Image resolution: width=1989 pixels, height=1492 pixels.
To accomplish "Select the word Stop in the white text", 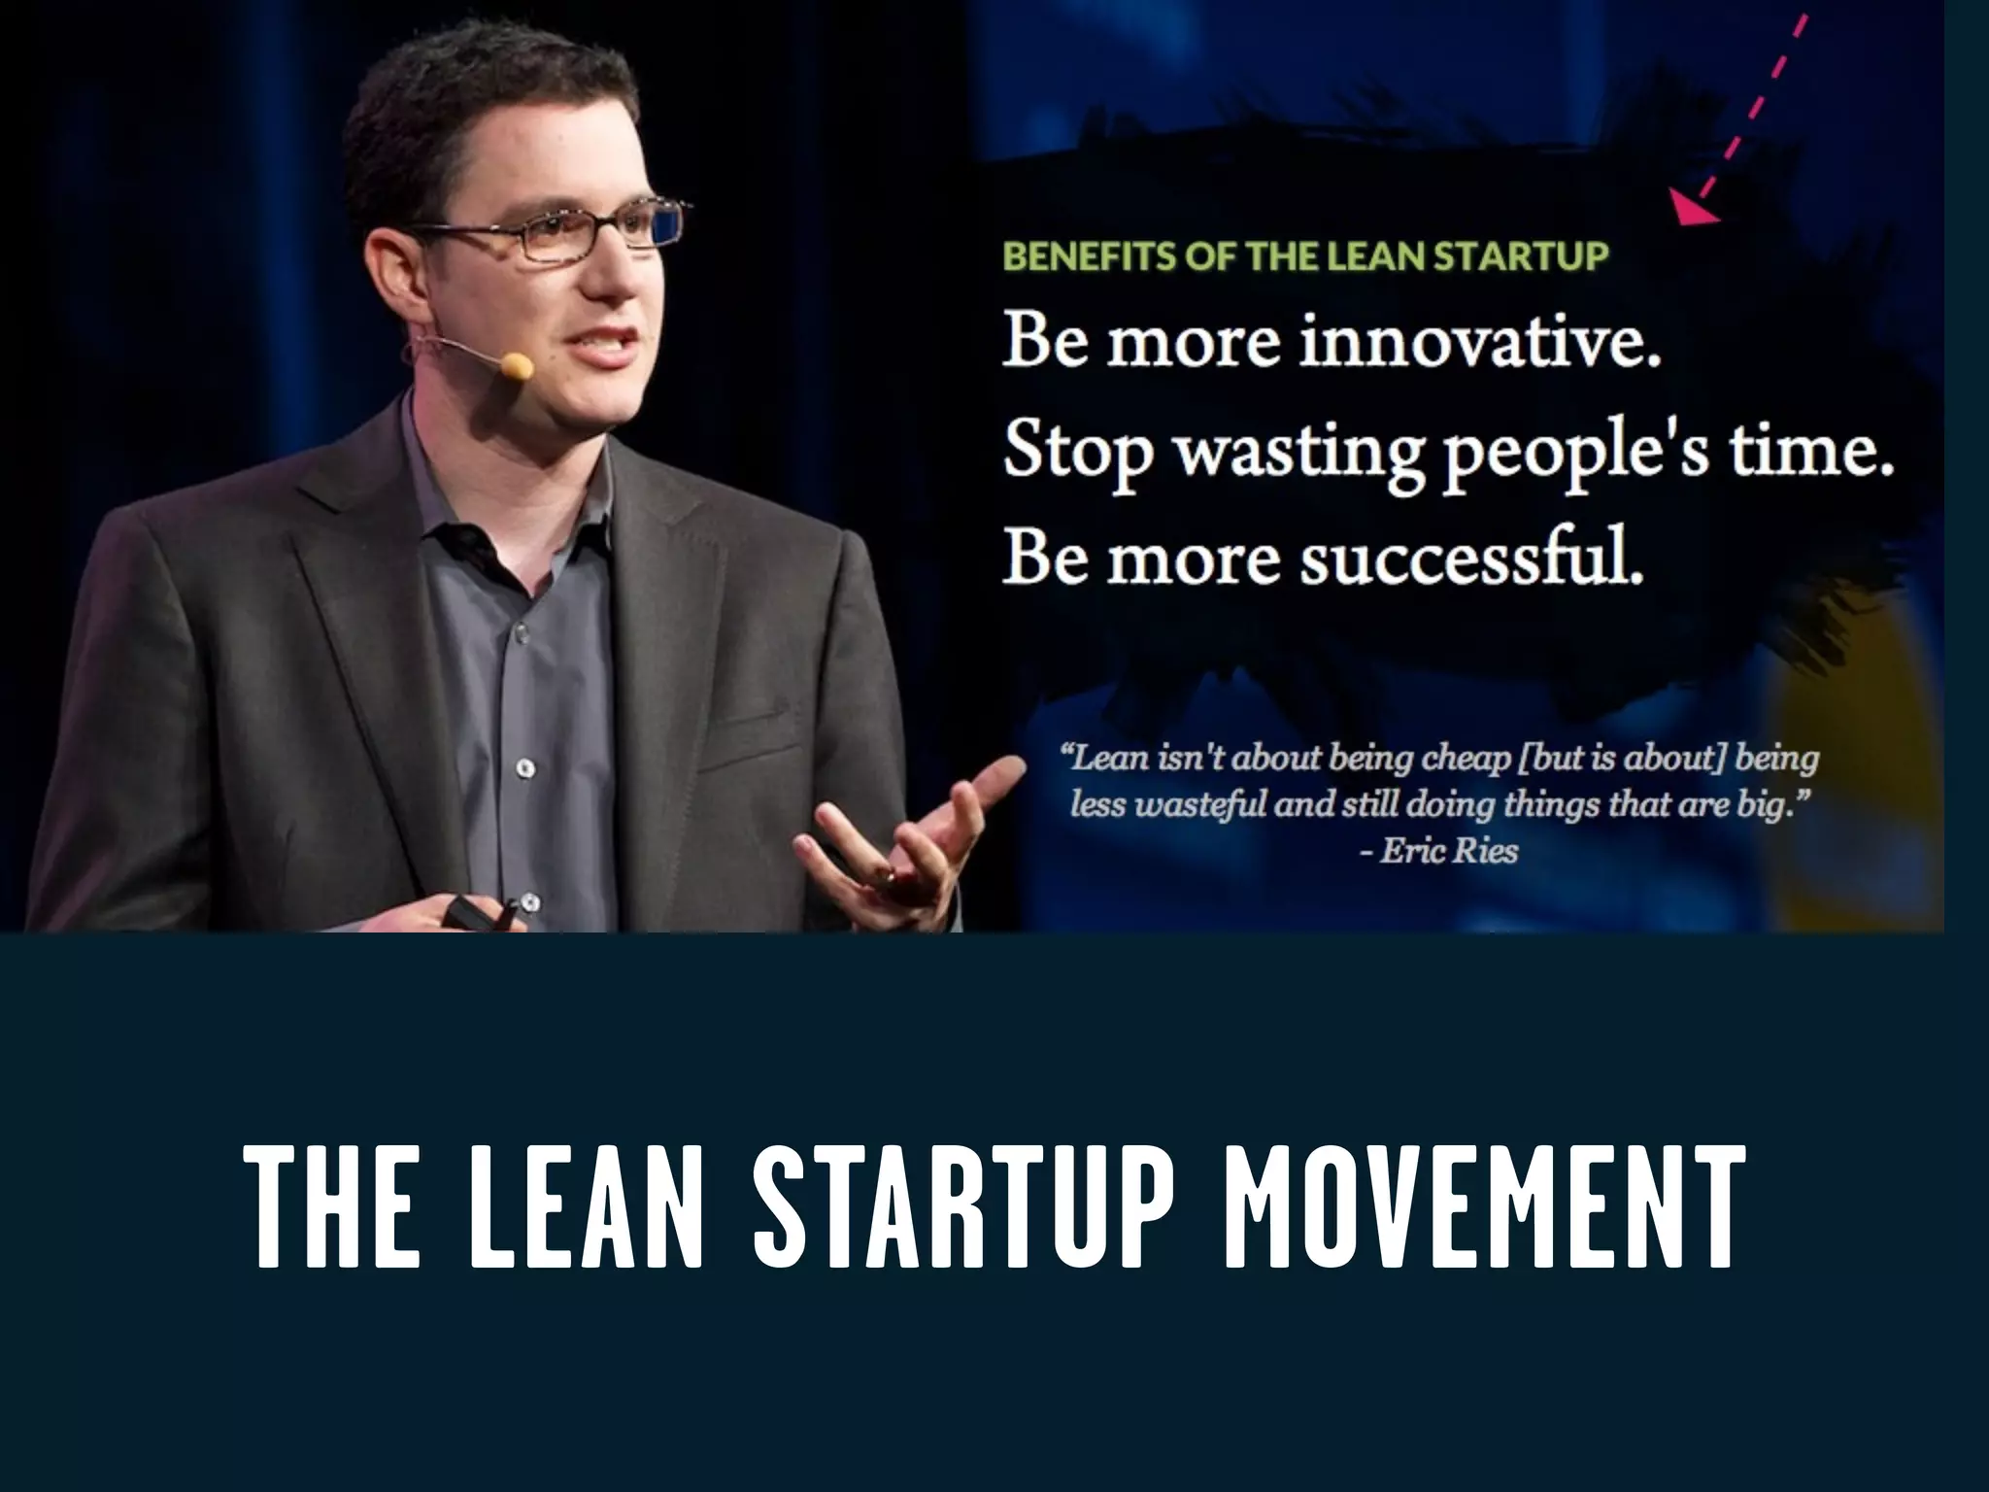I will click(1074, 454).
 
